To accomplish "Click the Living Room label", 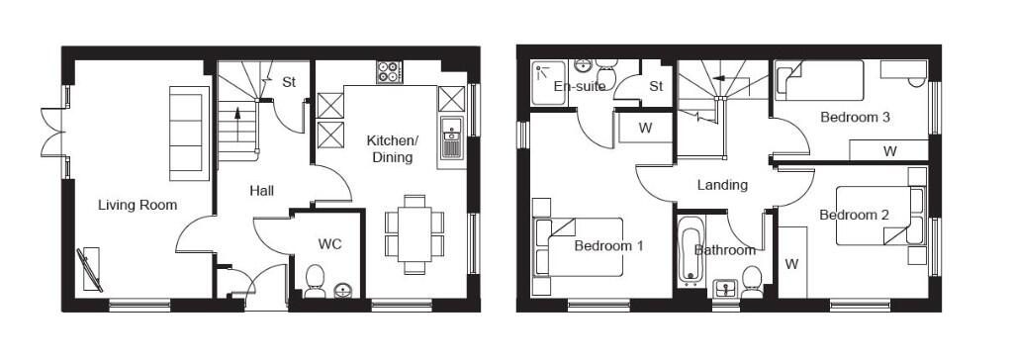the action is (138, 206).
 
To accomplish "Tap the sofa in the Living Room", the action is (189, 134).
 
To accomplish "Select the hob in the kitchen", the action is (389, 72).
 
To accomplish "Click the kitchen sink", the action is (451, 137).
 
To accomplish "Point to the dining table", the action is (414, 233).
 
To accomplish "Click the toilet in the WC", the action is (315, 282).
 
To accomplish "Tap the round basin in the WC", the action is (342, 291).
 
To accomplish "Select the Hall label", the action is (261, 191).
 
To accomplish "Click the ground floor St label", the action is (289, 82).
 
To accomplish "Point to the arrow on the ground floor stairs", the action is (237, 123).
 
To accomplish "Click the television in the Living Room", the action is (90, 270).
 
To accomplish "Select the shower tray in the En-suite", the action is (548, 83).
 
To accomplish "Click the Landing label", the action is (722, 185).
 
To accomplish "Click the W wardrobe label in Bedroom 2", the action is (792, 264).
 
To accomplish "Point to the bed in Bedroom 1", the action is (578, 247).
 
